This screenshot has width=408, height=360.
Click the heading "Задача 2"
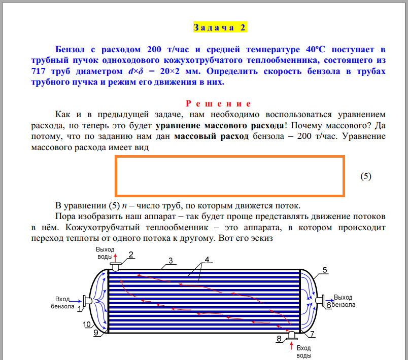coord(219,27)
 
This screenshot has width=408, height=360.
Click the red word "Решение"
coord(219,104)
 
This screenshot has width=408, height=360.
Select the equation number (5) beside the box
coord(366,176)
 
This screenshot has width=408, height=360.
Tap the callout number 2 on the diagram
coord(130,255)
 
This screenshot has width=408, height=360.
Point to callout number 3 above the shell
coord(171,261)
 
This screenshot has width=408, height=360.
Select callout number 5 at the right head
coord(325,269)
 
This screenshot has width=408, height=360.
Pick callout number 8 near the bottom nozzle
coord(279,338)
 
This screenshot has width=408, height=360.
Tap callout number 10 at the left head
coord(87,325)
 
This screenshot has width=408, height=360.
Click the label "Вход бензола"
coord(62,302)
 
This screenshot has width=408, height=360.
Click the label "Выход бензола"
coord(344,301)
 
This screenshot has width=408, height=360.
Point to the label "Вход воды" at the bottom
coord(303,352)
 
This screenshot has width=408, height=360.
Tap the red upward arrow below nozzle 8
coord(291,346)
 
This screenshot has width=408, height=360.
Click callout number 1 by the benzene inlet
coord(79,308)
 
